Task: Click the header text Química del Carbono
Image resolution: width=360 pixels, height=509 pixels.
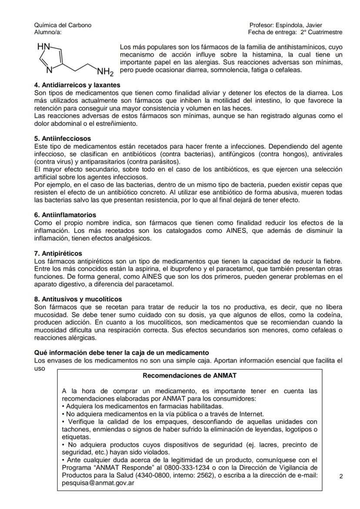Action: coord(63,25)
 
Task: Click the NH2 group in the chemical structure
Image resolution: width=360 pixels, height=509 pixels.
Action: coord(105,71)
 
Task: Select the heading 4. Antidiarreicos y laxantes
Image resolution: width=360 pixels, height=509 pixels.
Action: coord(77,85)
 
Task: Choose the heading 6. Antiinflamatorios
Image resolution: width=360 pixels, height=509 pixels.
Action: coord(65,215)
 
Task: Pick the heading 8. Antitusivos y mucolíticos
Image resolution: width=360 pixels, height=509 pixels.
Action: coord(78,299)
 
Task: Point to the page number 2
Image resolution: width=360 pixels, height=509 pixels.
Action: coord(341,476)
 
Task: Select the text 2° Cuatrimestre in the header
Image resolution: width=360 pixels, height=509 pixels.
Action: coord(321,32)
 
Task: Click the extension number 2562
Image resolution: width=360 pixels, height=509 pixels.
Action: coord(205,476)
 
